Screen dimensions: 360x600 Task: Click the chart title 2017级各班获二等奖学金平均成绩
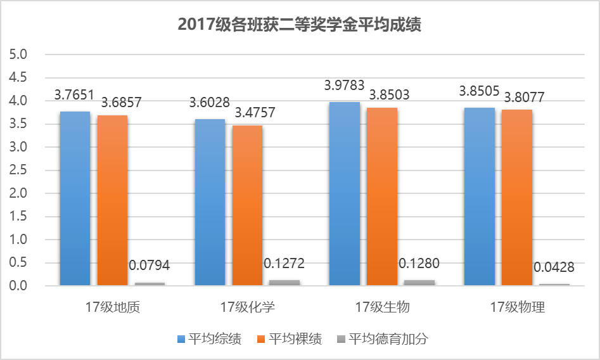300,25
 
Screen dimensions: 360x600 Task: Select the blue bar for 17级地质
75,198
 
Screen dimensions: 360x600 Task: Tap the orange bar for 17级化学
247,205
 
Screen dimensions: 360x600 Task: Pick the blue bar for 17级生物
345,193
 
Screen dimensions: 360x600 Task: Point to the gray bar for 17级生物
419,283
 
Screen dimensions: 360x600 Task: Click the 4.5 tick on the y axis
20,77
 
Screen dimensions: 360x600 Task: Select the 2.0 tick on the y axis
20,193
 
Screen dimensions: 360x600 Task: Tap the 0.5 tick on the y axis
20,263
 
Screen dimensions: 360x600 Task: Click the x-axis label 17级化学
247,308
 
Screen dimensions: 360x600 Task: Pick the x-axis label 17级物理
517,308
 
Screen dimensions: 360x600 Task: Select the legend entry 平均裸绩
289,339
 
